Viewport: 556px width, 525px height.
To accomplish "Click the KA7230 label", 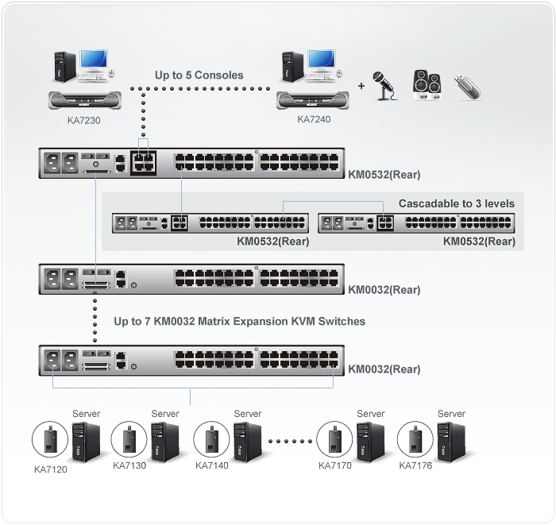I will [85, 121].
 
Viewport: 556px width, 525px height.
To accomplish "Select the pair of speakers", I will [427, 84].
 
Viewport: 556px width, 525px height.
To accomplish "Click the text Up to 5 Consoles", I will [199, 76].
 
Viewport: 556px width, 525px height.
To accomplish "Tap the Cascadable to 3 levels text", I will [456, 203].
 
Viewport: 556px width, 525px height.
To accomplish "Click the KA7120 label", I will [51, 469].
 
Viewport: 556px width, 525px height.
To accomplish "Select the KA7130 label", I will [129, 465].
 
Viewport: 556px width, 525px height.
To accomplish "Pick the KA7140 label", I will [211, 465].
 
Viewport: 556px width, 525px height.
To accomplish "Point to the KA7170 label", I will [335, 465].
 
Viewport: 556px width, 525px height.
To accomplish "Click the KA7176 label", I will [415, 465].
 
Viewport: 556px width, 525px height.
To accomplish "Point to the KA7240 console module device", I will [314, 101].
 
